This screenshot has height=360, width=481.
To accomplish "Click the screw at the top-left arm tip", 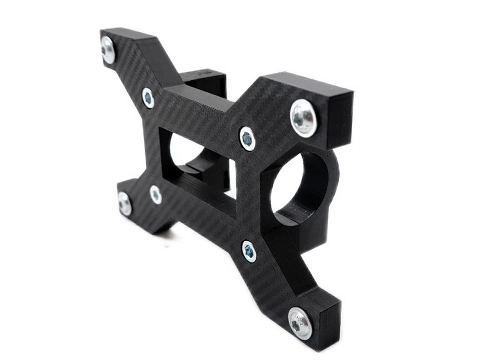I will click(x=108, y=50).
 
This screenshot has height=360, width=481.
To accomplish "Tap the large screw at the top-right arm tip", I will click(x=304, y=118).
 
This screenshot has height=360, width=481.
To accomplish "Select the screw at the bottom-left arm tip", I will click(x=125, y=204).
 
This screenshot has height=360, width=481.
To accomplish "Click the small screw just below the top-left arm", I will click(x=148, y=98).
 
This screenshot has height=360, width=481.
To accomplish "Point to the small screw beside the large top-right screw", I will click(x=247, y=138).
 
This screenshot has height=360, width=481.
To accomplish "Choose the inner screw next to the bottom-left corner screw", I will click(x=155, y=195).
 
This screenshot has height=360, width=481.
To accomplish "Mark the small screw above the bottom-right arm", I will click(x=249, y=251).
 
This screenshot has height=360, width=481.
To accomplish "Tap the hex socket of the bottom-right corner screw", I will click(x=297, y=325).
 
